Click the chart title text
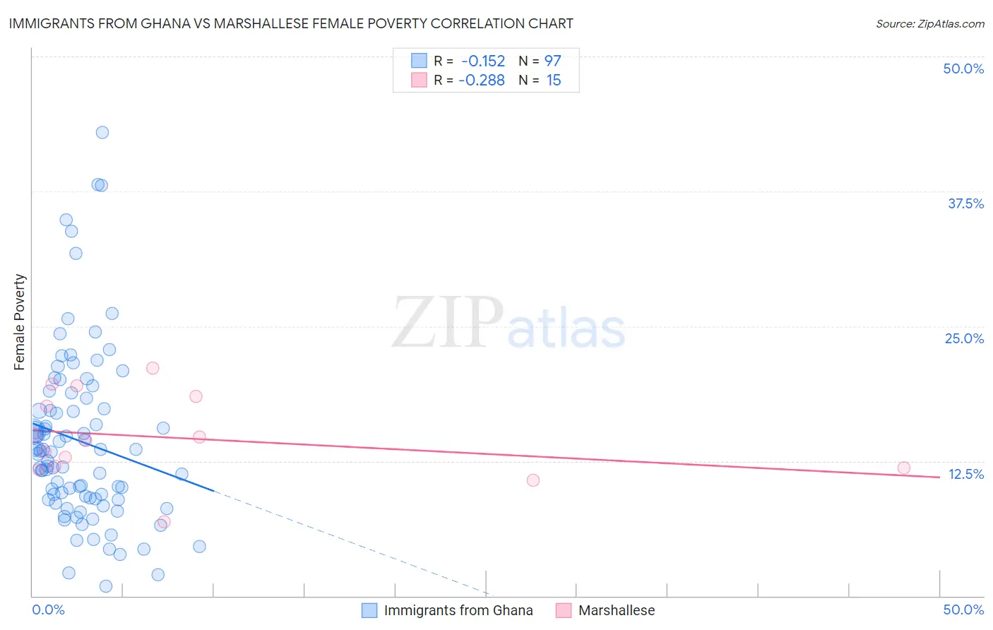click(291, 23)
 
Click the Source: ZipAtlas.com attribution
click(929, 23)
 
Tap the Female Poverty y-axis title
click(20, 322)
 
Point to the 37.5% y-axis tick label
click(965, 203)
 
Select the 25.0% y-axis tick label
click(964, 338)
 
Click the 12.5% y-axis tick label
click(965, 474)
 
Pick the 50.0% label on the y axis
click(963, 69)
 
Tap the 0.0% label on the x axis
click(48, 610)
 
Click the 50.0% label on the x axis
click(963, 610)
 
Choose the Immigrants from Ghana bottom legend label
click(458, 610)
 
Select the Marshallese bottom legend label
click(617, 610)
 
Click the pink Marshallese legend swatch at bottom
click(563, 610)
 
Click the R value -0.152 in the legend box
click(483, 61)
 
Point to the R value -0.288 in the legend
click(482, 81)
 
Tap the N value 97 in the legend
click(552, 61)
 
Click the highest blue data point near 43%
click(102, 132)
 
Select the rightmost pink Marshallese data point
click(904, 468)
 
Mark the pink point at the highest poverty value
click(153, 368)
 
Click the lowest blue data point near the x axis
click(106, 586)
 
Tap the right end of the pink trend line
click(939, 477)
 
